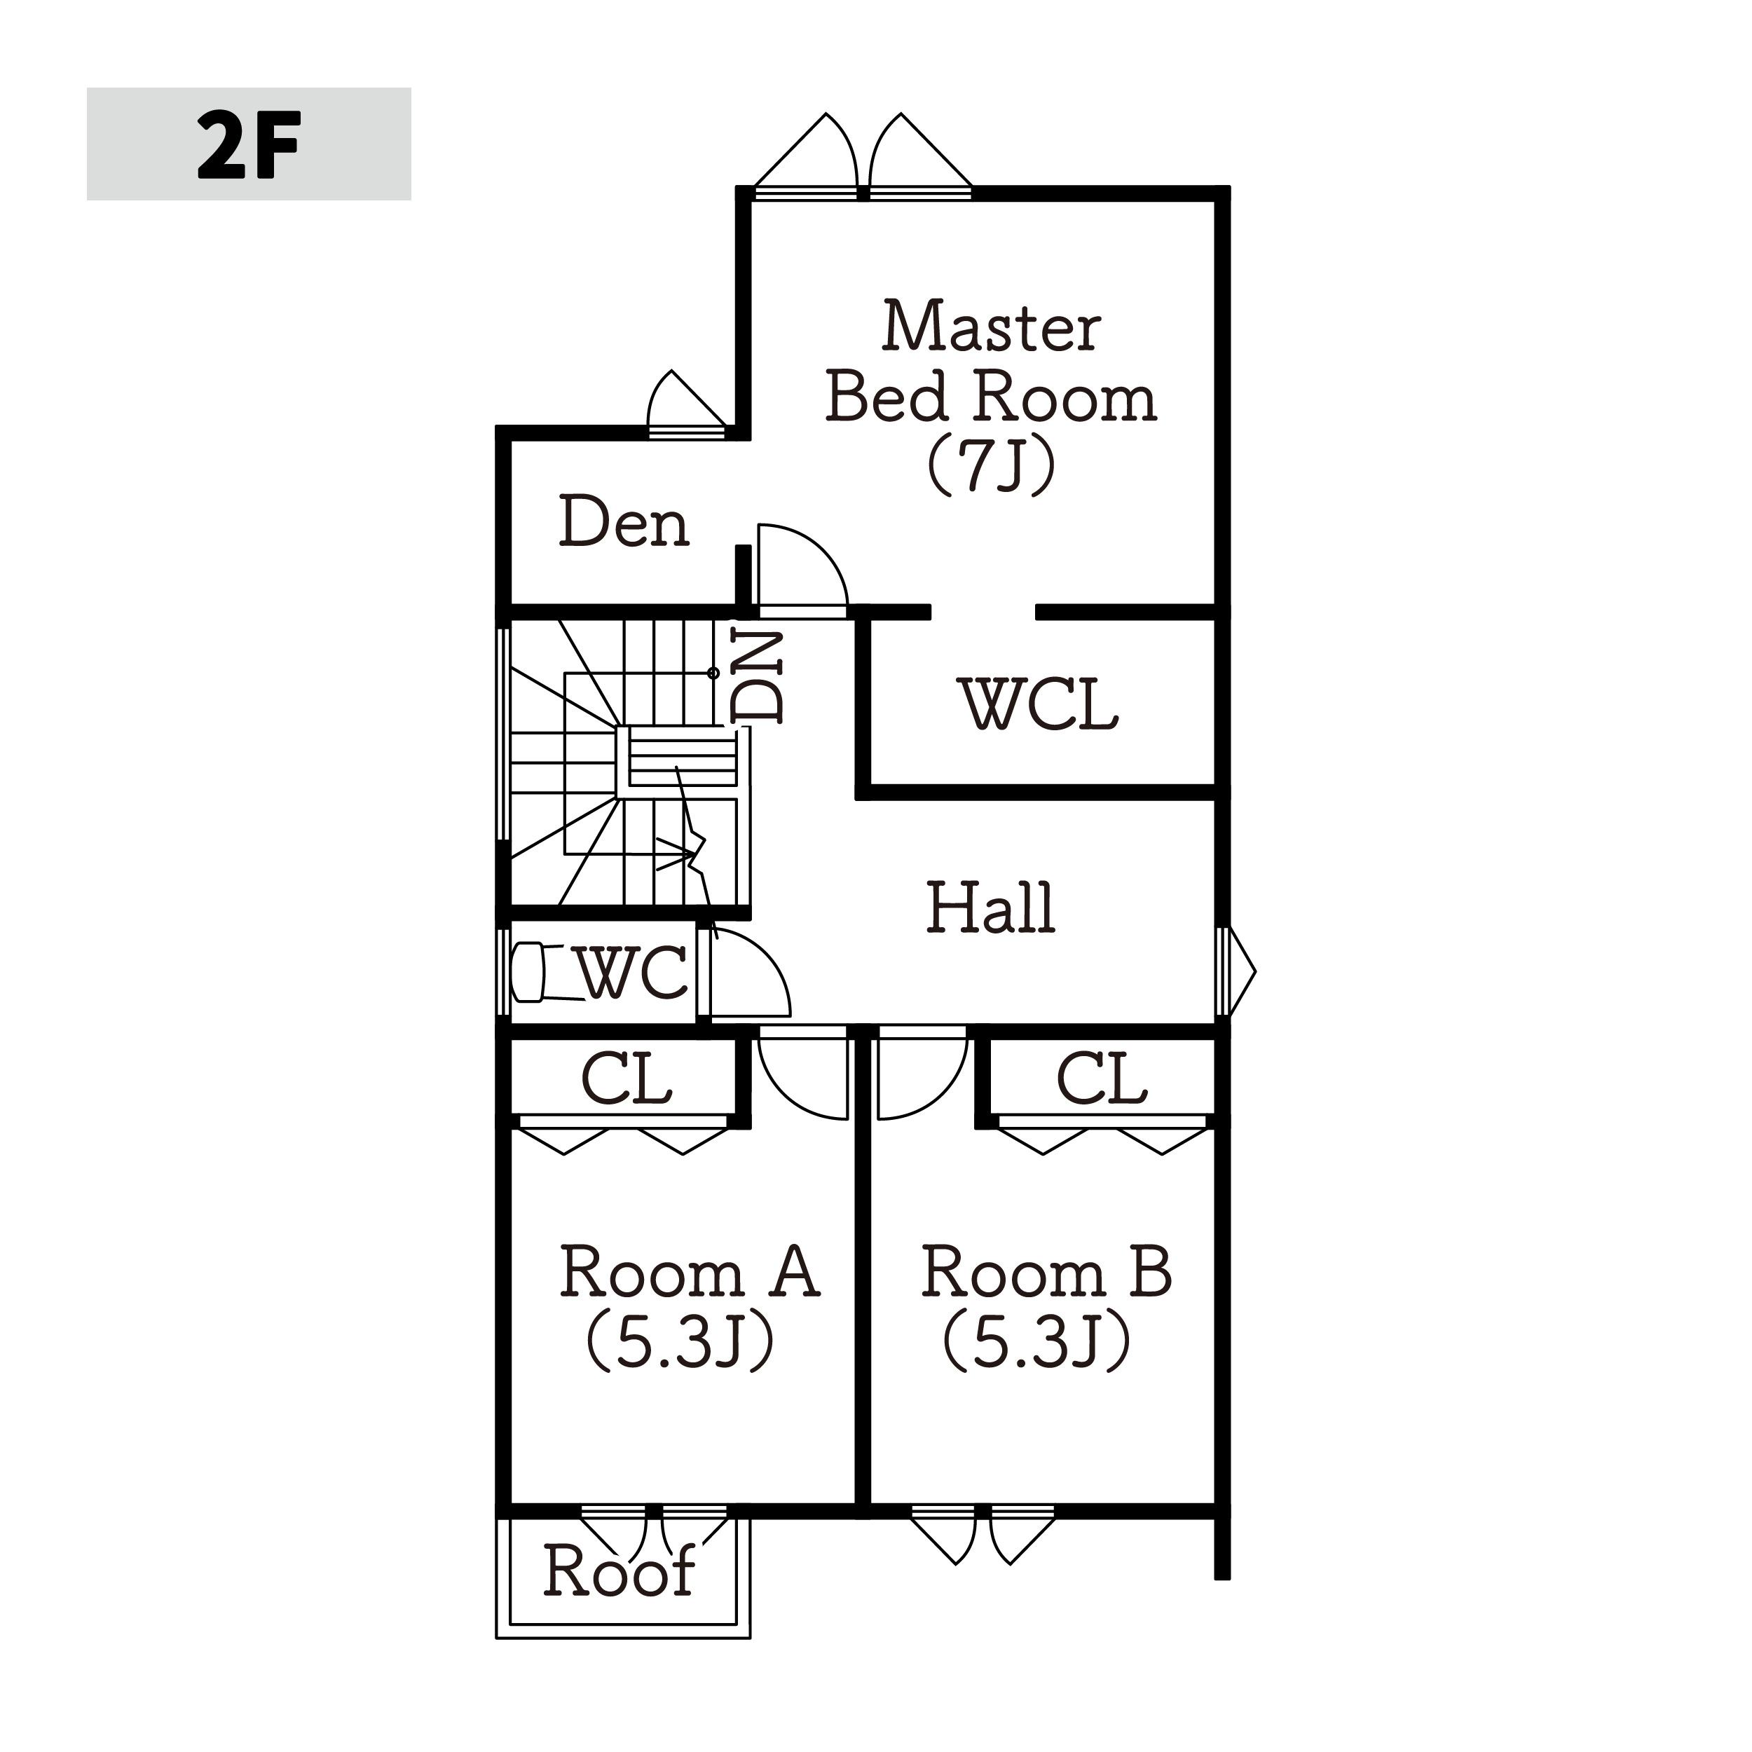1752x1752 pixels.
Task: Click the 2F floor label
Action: [249, 144]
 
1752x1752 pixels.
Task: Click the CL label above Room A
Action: [627, 1079]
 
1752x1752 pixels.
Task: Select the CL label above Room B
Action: [1102, 1079]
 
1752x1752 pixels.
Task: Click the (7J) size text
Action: [991, 466]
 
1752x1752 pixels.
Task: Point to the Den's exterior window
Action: [687, 431]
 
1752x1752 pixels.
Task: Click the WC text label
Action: [632, 972]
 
